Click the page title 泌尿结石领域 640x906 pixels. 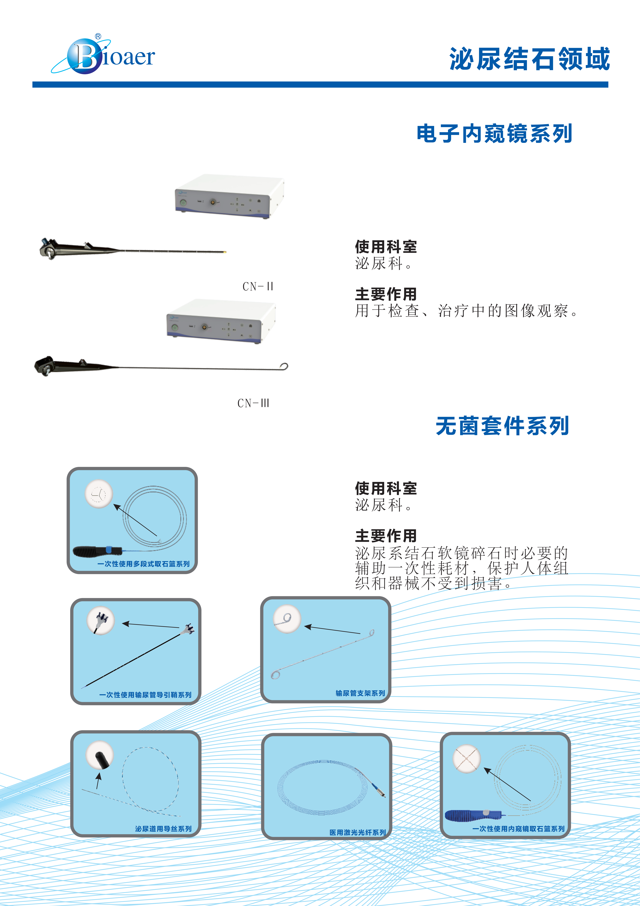(x=530, y=59)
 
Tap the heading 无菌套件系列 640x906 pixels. (x=502, y=426)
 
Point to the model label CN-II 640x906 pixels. (x=258, y=286)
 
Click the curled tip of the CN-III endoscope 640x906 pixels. (x=284, y=367)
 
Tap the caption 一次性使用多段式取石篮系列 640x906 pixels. (x=143, y=564)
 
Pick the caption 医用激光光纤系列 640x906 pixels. (x=358, y=833)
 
